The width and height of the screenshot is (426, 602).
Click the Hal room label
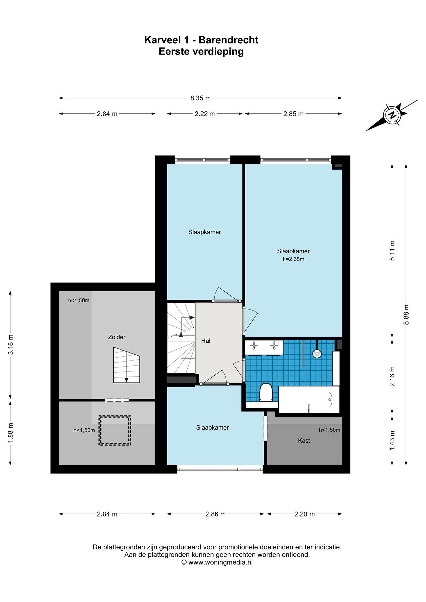(x=206, y=341)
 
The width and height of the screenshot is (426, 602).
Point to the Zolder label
(x=117, y=337)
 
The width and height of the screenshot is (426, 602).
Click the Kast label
(x=304, y=440)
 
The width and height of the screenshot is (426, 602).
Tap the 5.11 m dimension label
(x=392, y=251)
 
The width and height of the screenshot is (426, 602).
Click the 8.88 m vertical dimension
(x=406, y=314)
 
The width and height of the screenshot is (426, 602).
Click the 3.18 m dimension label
(x=11, y=344)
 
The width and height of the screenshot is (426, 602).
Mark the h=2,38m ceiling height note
(x=294, y=259)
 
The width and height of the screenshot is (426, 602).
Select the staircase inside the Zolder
(x=127, y=365)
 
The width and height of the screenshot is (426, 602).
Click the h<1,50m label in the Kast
(x=329, y=430)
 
